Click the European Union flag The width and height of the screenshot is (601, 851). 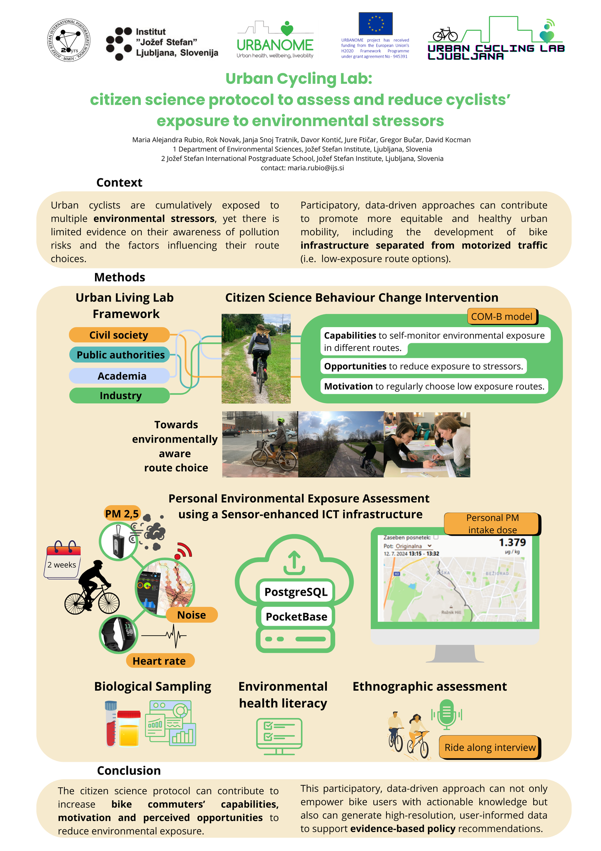pos(375,24)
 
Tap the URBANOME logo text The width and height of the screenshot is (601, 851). pos(275,45)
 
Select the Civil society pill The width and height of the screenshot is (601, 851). pos(119,335)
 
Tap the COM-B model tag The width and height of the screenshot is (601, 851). pos(502,317)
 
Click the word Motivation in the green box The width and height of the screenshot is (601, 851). pos(348,386)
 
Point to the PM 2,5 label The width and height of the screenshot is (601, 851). pos(122,514)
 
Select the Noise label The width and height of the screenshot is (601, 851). pos(191,615)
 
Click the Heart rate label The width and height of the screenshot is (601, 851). pos(159,661)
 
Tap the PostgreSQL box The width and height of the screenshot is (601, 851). pos(296,592)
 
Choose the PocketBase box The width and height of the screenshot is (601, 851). pos(296,616)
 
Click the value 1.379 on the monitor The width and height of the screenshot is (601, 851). pos(512,542)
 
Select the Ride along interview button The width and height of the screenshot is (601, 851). pos(490,747)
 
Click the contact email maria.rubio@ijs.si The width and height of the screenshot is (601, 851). pos(316,168)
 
